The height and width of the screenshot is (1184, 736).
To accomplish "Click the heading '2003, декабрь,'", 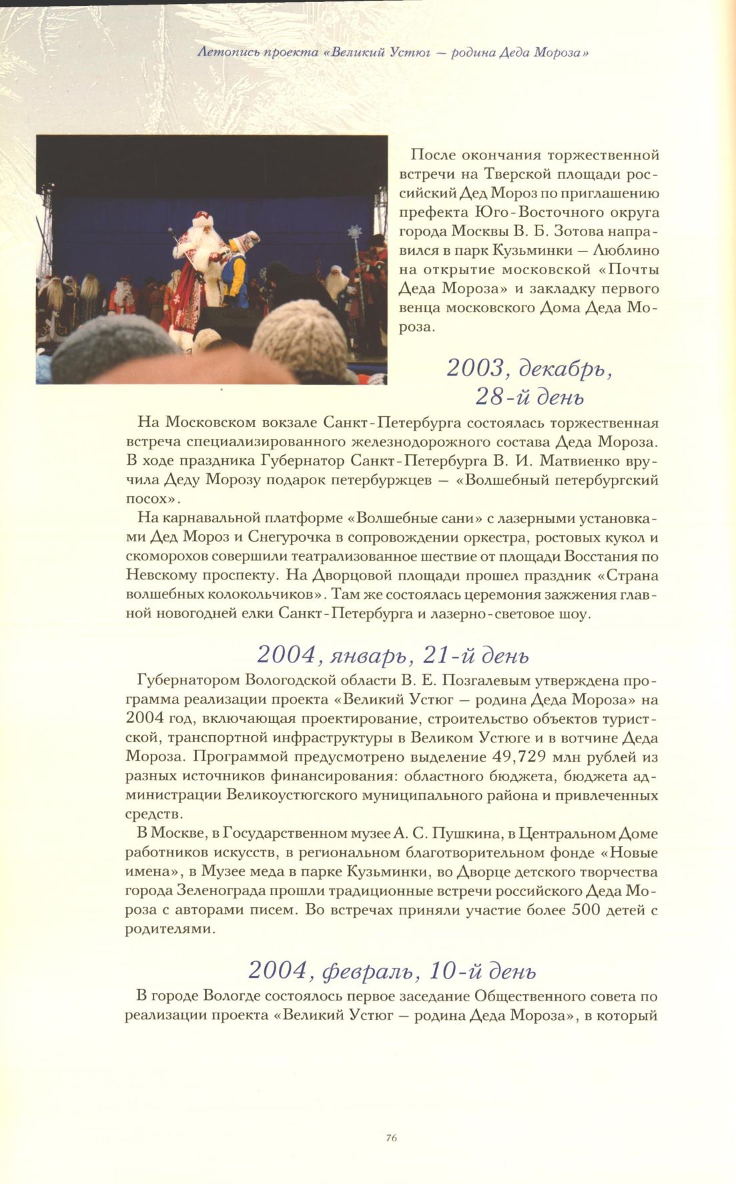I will coord(529,369).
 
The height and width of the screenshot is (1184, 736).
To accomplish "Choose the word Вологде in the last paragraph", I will coord(231,997).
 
